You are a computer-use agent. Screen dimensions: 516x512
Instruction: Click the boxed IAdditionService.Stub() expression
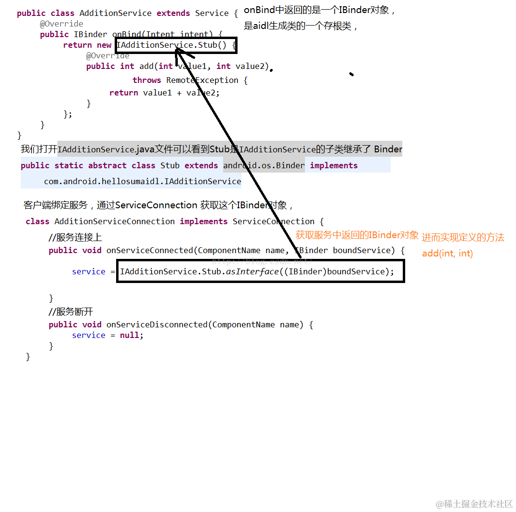(x=175, y=45)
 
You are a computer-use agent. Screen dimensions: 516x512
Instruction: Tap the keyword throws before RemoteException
(x=147, y=80)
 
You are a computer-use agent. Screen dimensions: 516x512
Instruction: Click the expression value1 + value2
(x=181, y=93)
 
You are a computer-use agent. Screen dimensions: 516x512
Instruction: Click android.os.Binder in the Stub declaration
(x=264, y=165)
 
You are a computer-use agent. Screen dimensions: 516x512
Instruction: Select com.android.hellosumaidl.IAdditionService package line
(x=143, y=181)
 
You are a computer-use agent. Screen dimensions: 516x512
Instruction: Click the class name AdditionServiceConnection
(x=115, y=221)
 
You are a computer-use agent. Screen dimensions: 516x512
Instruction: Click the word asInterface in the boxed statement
(x=253, y=271)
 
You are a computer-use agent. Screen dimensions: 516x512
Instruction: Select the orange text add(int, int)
(x=447, y=253)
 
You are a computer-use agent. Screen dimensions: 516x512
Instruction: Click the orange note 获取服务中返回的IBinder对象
(x=357, y=235)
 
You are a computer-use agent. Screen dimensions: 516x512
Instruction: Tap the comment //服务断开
(x=71, y=311)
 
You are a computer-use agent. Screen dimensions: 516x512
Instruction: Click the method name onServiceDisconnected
(x=157, y=324)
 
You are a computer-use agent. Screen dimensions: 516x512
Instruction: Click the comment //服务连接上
(x=75, y=237)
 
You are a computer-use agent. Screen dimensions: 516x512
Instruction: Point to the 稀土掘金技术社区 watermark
(x=475, y=504)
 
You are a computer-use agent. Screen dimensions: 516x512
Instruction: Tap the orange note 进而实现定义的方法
(x=463, y=238)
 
